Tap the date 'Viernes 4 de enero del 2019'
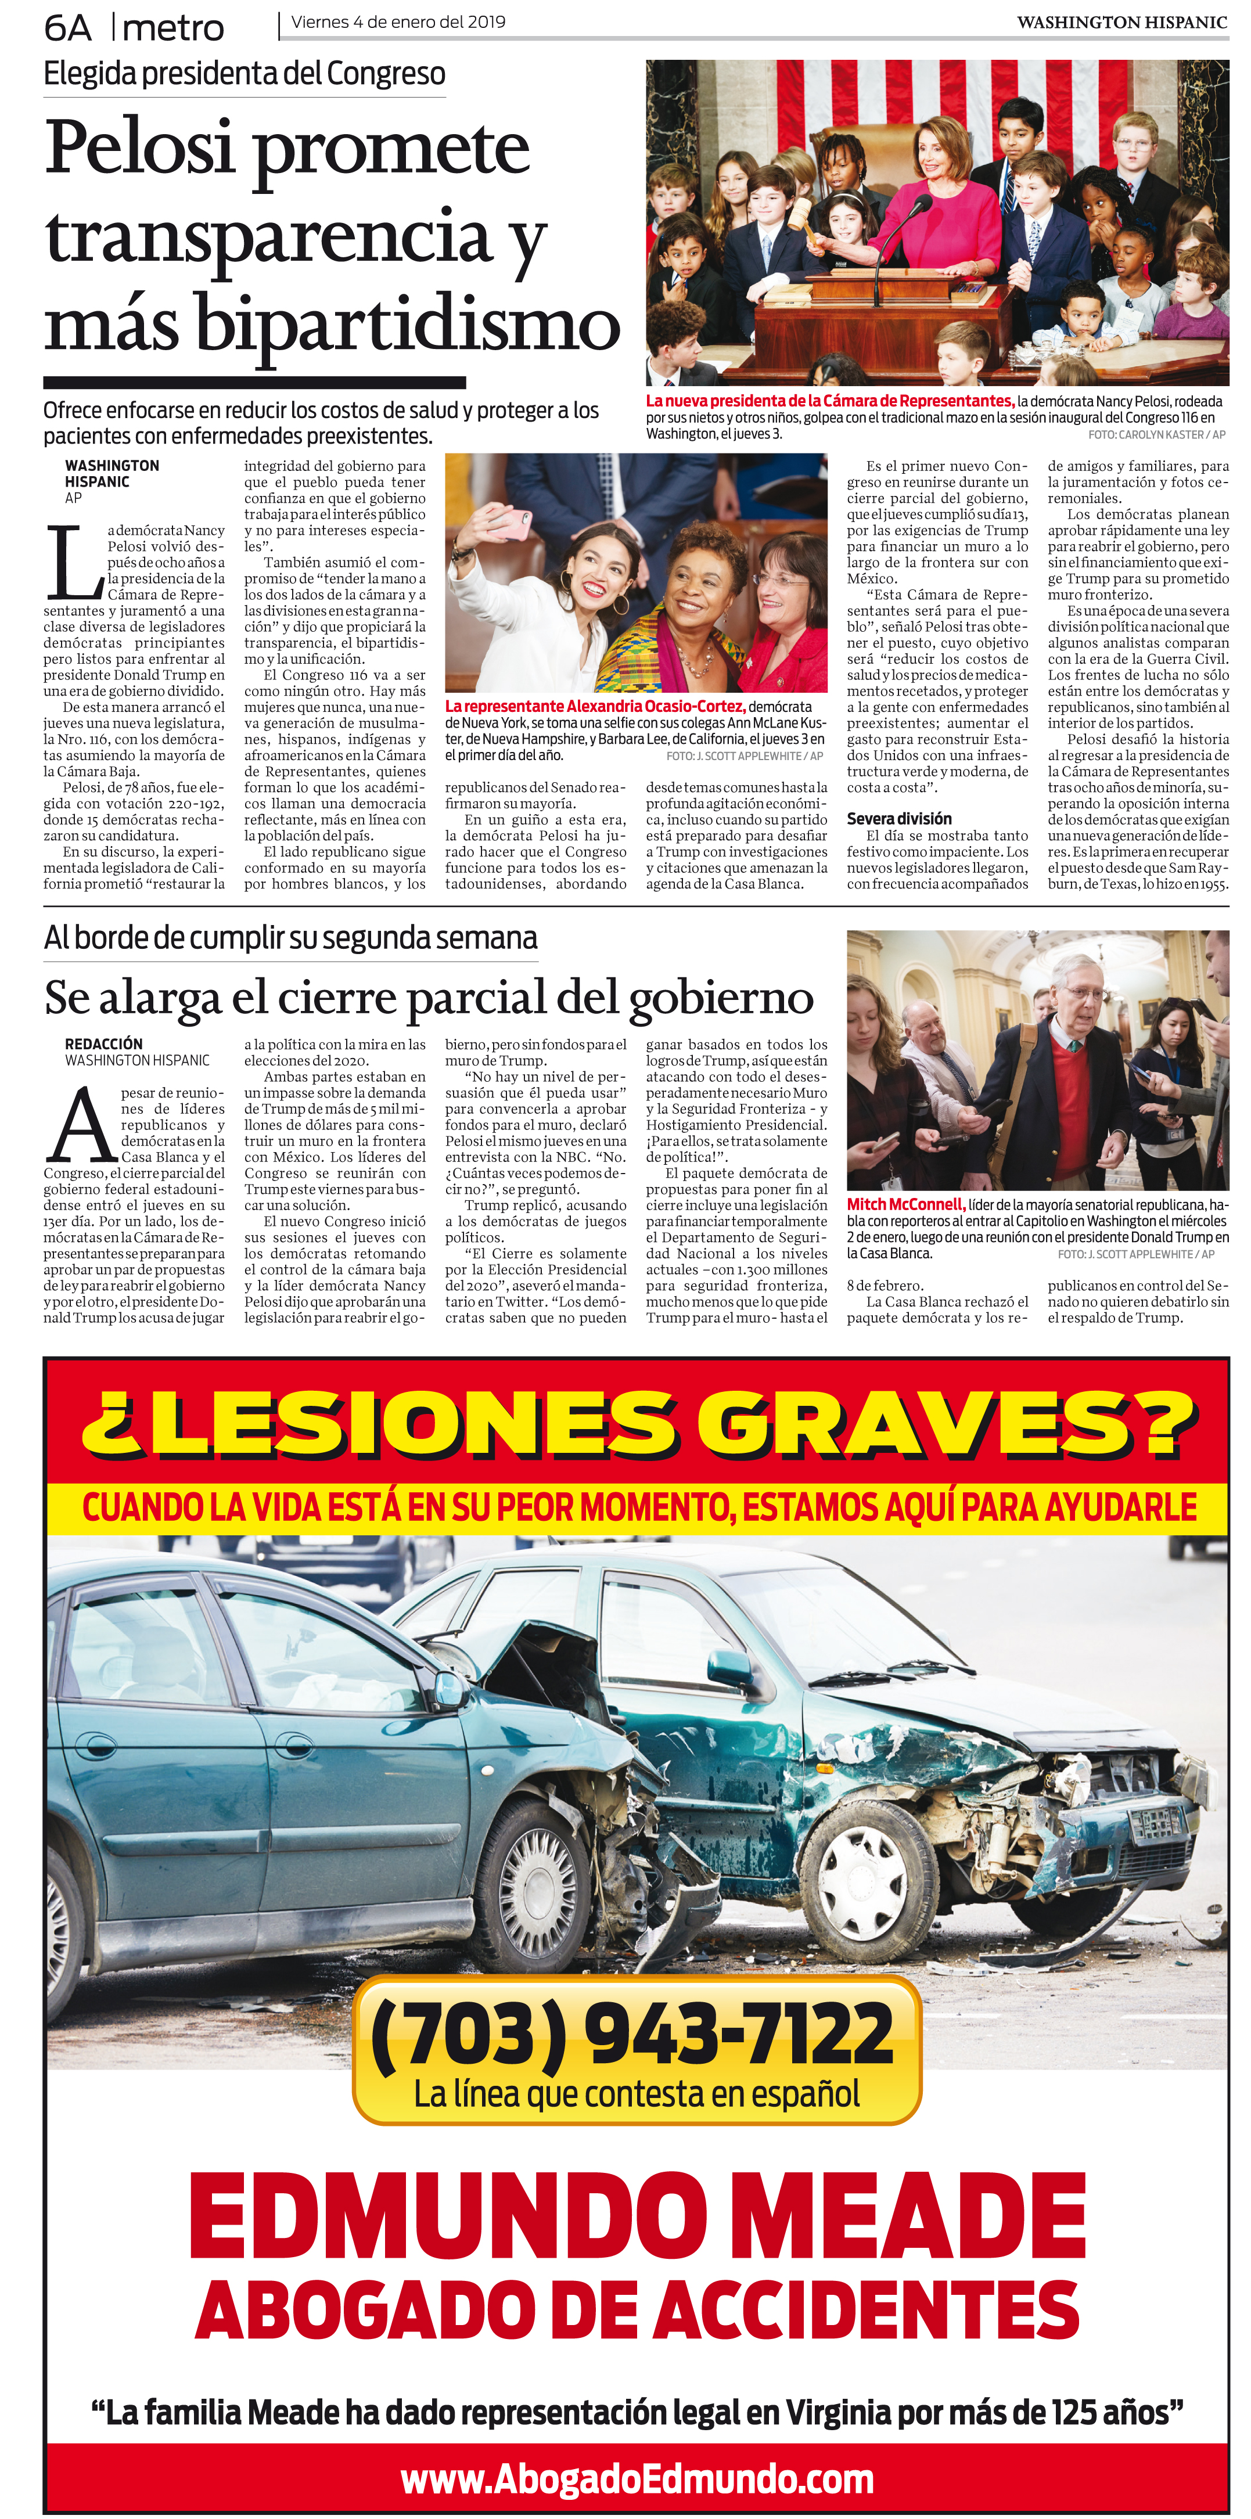pos(398,21)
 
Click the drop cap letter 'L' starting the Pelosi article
pos(73,563)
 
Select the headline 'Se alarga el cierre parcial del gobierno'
pos(429,998)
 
